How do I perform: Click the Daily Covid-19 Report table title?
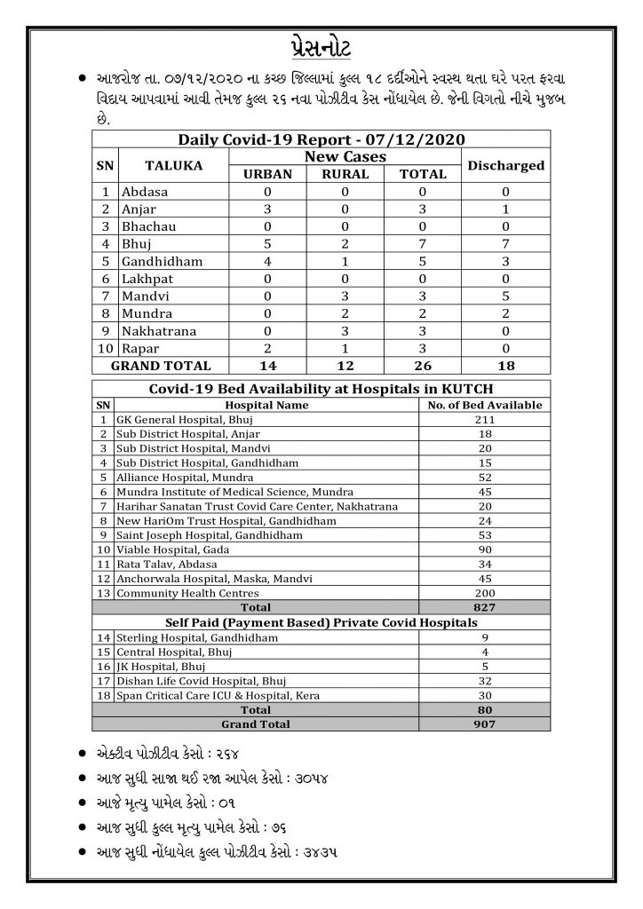click(x=321, y=139)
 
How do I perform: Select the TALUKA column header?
click(x=174, y=165)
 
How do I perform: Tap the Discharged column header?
click(x=505, y=165)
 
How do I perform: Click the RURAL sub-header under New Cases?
click(x=345, y=174)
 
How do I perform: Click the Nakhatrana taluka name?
click(x=164, y=331)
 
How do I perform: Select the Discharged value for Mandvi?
click(x=505, y=296)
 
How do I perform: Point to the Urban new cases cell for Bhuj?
click(x=267, y=244)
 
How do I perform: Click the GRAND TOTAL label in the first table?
click(x=160, y=366)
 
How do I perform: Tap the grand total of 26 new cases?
click(x=423, y=366)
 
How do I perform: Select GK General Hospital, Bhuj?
click(x=178, y=419)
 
